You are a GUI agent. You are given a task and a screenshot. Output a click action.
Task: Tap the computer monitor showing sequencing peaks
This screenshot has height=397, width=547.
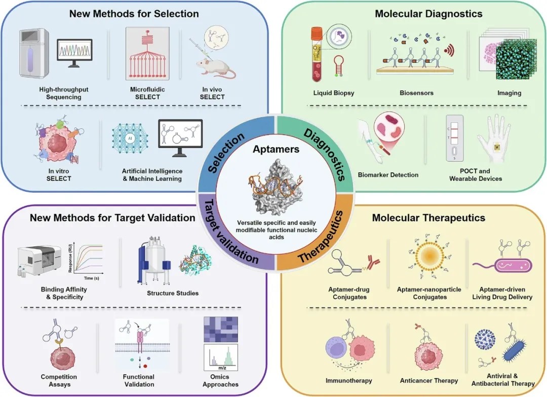point(74,53)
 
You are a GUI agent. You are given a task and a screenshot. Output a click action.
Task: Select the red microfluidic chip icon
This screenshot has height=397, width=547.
point(147,54)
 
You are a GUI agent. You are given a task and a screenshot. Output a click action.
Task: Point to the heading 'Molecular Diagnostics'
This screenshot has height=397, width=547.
point(428,14)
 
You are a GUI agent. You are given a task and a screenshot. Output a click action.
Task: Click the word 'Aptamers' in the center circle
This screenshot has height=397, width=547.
point(276,149)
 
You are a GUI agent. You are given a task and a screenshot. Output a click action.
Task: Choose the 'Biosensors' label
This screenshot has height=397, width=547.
point(416,93)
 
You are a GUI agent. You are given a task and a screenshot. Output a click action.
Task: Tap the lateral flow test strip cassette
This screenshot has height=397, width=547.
point(454,138)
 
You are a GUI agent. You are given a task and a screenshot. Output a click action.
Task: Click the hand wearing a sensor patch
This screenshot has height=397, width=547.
point(495,139)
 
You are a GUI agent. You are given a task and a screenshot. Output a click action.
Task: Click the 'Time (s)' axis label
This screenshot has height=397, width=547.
point(91,278)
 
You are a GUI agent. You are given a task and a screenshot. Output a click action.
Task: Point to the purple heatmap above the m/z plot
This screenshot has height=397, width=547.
point(221,329)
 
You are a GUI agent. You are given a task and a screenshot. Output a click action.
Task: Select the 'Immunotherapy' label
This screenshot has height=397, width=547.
point(348,381)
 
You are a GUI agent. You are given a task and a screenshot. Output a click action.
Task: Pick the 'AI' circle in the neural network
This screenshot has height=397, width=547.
point(130,138)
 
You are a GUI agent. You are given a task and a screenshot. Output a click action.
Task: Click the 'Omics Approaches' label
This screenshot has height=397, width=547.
point(220,381)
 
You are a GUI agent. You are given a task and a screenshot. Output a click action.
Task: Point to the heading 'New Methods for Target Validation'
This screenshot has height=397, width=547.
point(112,218)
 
